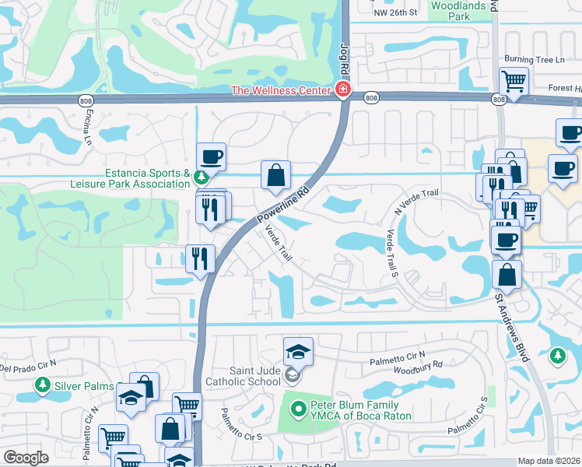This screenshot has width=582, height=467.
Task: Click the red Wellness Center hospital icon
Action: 342,91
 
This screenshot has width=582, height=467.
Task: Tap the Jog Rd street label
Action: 342,58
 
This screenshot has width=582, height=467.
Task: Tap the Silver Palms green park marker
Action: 41,384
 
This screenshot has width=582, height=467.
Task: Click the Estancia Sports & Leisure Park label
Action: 148,178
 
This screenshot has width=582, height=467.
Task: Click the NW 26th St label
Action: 395,13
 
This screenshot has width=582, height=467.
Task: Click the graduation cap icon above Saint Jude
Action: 297,351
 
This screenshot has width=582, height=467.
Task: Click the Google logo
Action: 26,458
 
